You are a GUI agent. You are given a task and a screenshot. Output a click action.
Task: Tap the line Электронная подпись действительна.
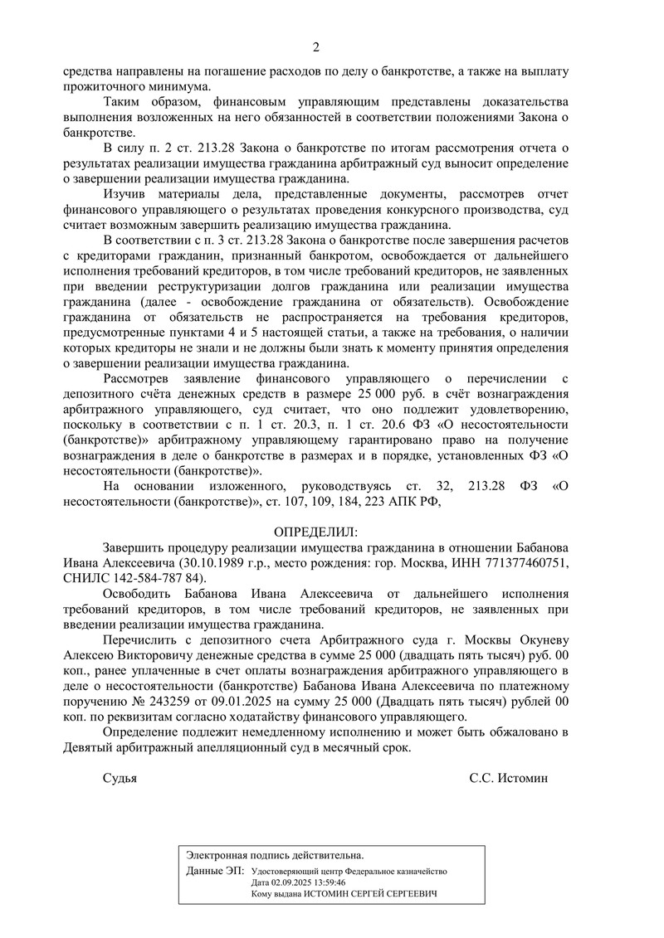click(275, 854)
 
